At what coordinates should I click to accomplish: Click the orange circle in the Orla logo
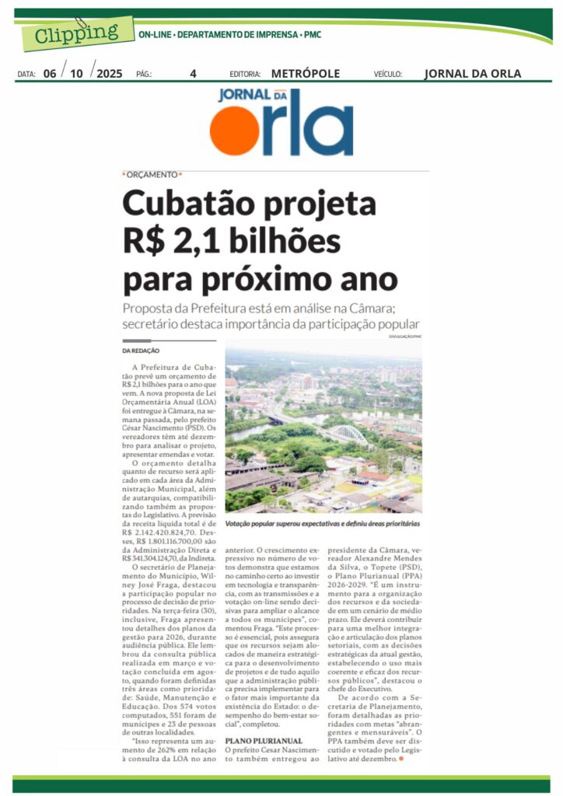[233, 131]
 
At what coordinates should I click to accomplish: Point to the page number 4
[193, 74]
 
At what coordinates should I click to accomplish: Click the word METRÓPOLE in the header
[306, 74]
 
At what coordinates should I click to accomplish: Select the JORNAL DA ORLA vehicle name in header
[473, 74]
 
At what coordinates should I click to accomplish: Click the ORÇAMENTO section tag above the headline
[152, 175]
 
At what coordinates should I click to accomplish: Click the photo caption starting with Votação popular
[323, 525]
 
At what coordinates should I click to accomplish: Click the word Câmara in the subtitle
[397, 307]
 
